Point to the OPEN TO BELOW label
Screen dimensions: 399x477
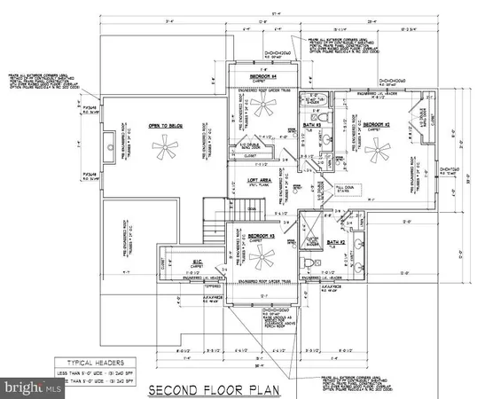point(164,126)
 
